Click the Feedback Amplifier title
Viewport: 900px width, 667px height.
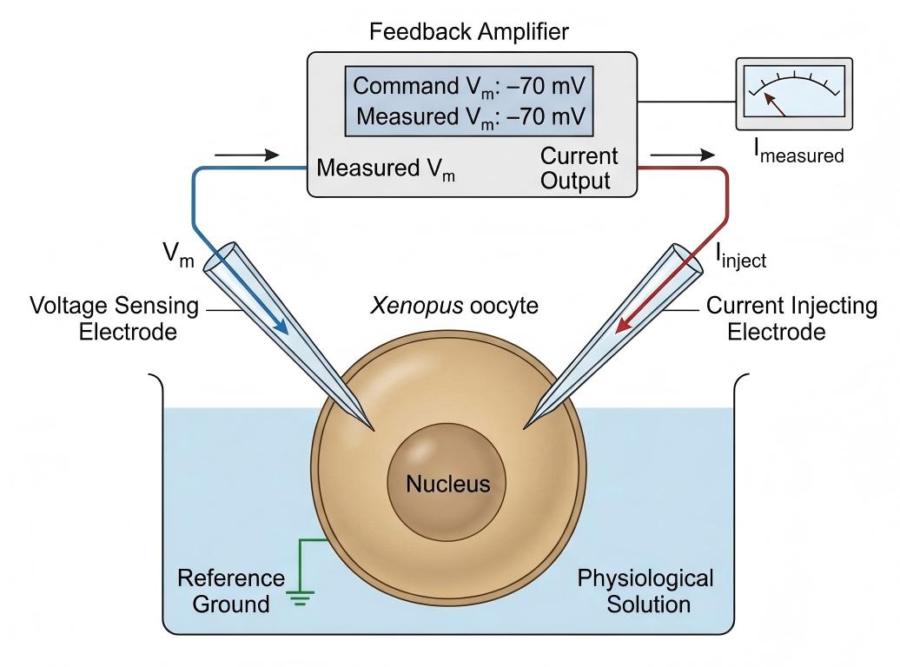coord(468,31)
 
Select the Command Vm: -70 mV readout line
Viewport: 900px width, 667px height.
coord(468,86)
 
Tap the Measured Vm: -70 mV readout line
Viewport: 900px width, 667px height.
coord(470,116)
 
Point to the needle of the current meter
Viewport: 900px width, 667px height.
coord(774,104)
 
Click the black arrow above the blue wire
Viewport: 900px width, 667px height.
coord(247,155)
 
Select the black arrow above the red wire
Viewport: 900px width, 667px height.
coord(683,155)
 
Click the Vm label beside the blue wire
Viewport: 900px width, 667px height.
coord(178,254)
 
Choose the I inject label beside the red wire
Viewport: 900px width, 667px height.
coord(740,255)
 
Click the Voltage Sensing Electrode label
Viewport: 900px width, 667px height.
coord(114,319)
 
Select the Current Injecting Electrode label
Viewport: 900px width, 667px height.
coord(791,319)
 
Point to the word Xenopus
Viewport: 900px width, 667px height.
coord(417,306)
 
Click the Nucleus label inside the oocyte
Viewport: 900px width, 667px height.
coord(448,484)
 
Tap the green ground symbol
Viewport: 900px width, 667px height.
coord(301,598)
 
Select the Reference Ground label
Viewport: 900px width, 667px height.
coord(231,591)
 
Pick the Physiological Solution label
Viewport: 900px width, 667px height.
coord(645,591)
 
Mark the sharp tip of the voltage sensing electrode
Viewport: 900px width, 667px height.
coord(374,430)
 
